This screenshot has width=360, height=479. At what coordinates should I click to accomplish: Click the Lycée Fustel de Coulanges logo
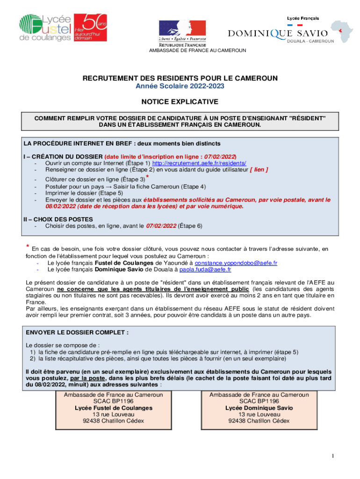(x=45, y=28)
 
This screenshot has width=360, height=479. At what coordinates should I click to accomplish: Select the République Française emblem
(x=182, y=31)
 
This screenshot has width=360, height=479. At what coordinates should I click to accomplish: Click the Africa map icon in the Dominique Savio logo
(x=342, y=32)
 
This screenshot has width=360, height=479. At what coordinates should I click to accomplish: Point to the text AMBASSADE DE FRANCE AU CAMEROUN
(x=197, y=51)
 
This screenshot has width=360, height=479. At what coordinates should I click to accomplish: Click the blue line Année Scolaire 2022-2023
(x=180, y=87)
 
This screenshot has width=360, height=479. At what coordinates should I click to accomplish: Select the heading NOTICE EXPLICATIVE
(x=180, y=102)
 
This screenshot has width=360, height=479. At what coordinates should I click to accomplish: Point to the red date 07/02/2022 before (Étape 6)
(x=161, y=226)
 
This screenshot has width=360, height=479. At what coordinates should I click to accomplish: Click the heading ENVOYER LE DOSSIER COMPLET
(x=77, y=333)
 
